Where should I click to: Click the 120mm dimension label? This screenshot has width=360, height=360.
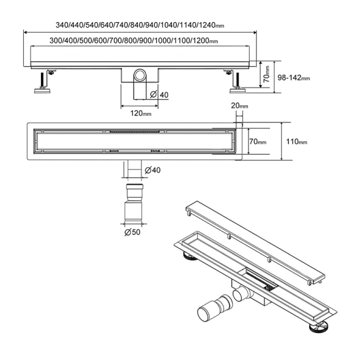click(141, 113)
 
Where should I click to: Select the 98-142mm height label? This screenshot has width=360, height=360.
click(294, 78)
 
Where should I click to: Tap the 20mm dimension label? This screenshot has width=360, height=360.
click(239, 105)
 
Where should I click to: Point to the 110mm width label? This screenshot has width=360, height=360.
click(296, 141)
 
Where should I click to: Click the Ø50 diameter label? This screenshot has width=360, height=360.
click(132, 232)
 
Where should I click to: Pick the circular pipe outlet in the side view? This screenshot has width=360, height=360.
click(140, 75)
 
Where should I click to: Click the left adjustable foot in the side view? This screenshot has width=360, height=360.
click(43, 83)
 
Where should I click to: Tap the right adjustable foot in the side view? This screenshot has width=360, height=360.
click(236, 83)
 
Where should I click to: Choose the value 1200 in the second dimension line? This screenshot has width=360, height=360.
click(200, 40)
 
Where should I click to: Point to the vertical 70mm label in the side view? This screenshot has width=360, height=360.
click(266, 74)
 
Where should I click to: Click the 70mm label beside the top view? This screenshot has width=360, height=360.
click(258, 141)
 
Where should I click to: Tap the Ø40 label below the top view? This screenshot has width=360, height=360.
click(152, 170)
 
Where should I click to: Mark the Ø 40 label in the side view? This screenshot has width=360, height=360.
click(159, 94)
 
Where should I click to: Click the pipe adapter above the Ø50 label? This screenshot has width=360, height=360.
click(134, 202)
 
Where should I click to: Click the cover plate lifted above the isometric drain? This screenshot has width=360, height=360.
click(255, 244)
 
